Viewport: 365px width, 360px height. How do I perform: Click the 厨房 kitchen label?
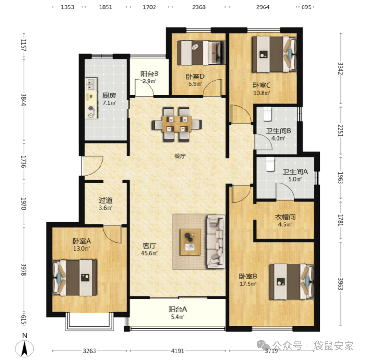(109, 95)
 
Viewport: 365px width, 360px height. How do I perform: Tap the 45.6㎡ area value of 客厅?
(149, 253)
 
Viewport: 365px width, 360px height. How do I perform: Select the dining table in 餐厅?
(177, 124)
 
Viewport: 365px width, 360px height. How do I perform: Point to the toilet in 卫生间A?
(270, 164)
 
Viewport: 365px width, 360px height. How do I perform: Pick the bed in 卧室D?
(201, 53)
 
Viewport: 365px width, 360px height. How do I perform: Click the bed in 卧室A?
(74, 278)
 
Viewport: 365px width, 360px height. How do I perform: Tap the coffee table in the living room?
(190, 242)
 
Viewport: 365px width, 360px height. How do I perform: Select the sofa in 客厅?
(216, 241)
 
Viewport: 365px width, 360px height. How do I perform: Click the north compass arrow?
(24, 348)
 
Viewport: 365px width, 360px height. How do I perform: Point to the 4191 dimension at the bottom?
(178, 351)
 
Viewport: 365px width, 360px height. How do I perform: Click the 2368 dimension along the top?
(199, 7)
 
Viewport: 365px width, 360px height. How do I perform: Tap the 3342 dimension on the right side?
(341, 68)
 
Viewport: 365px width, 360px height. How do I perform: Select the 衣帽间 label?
(285, 217)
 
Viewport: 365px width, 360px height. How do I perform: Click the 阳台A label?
(178, 309)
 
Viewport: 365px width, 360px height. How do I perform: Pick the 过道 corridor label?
(106, 200)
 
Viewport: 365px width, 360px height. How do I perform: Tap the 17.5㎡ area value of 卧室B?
(248, 284)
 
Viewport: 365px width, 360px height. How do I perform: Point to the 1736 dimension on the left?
(24, 161)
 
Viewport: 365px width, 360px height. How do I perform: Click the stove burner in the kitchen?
(91, 108)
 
